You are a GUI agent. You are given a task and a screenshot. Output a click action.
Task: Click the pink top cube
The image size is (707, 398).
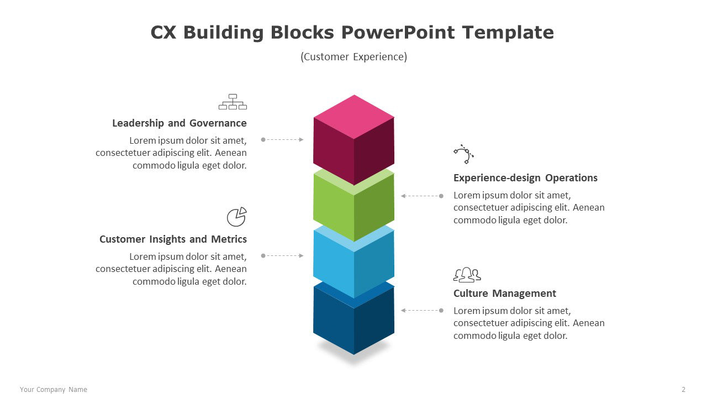click(x=354, y=140)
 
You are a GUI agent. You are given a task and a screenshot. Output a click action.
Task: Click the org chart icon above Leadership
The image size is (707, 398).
click(x=233, y=102)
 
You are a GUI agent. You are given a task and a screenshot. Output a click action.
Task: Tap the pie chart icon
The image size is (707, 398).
click(x=237, y=217)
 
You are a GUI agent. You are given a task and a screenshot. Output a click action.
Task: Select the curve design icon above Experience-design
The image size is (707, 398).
click(x=463, y=154)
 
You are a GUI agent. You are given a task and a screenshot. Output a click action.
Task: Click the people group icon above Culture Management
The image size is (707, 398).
click(x=467, y=275)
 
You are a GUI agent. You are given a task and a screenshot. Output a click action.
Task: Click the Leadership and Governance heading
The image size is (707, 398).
click(x=180, y=123)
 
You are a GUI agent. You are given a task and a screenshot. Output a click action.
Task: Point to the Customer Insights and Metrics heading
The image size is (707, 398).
click(x=173, y=239)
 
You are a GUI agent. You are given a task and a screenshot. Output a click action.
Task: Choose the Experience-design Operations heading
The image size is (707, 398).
click(x=525, y=178)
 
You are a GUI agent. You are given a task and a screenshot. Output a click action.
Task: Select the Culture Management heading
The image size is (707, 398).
click(x=505, y=294)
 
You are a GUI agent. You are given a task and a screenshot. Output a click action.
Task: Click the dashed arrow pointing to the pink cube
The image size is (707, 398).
click(x=282, y=140)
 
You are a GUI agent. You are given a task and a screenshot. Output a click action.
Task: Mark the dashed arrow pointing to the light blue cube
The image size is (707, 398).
click(x=282, y=255)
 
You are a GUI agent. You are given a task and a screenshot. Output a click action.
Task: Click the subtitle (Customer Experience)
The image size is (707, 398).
click(x=354, y=57)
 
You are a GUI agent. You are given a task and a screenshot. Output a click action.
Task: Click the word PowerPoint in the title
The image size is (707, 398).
click(x=398, y=32)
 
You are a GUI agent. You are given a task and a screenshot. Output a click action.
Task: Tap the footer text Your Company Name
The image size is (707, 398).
click(x=54, y=390)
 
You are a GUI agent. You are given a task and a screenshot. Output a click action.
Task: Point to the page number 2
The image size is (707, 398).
click(x=684, y=390)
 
